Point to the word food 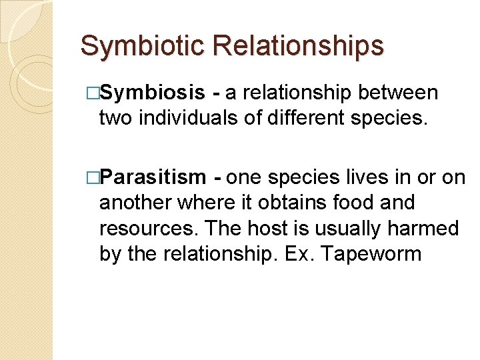coord(356,203)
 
